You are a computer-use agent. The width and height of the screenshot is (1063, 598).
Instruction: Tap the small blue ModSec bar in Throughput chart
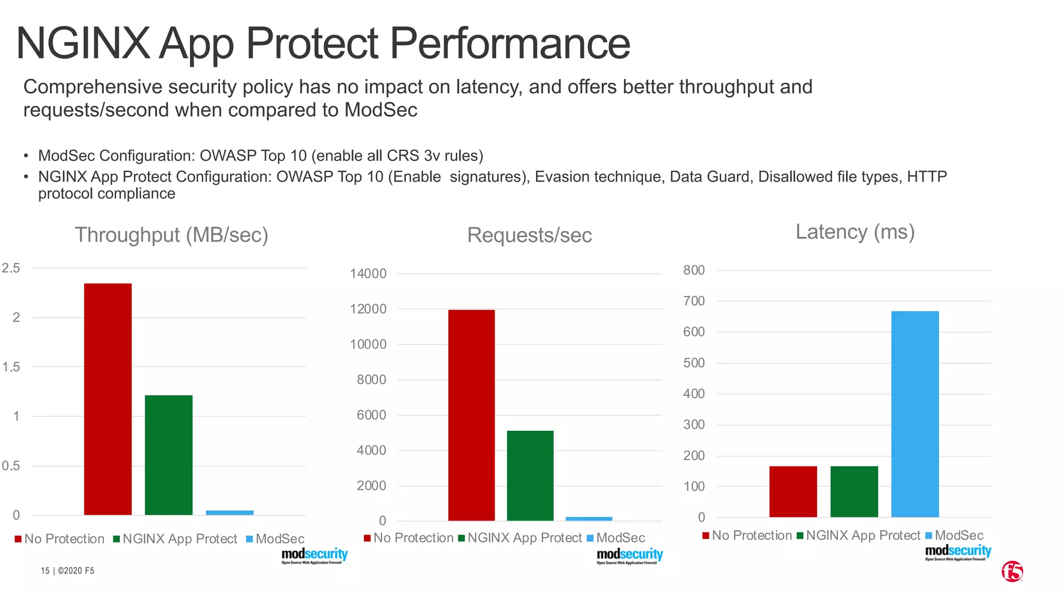pos(229,513)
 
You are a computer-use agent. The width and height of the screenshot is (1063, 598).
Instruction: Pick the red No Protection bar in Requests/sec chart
pos(471,415)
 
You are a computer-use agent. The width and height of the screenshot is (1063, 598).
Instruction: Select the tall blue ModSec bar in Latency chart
pos(915,414)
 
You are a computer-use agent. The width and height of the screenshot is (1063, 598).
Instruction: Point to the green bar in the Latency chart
pos(854,491)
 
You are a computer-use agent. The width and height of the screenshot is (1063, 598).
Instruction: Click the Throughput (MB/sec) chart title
pos(171,235)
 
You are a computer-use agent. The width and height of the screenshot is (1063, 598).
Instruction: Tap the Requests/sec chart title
pos(529,235)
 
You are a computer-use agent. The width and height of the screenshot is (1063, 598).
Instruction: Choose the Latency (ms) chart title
pos(854,232)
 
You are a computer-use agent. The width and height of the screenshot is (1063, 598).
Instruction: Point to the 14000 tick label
pos(368,274)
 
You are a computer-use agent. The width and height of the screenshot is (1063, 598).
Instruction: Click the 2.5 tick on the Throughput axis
pos(11,268)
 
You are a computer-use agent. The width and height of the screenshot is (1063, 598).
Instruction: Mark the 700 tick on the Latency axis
pos(694,301)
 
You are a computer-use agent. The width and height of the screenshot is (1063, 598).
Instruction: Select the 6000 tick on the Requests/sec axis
pos(372,415)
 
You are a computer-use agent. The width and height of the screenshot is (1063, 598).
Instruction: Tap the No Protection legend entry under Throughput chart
pos(60,539)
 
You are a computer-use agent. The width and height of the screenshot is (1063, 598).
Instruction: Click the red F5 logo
pos(1012,571)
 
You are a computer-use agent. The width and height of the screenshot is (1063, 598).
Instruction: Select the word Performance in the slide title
pos(510,44)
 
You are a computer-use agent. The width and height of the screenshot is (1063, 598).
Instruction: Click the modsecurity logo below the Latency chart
pos(958,552)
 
